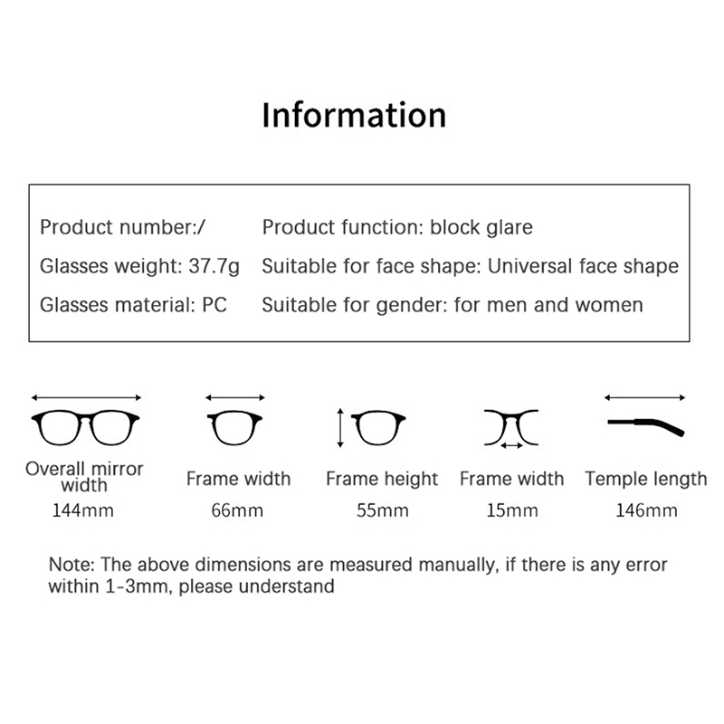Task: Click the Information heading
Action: pos(354,115)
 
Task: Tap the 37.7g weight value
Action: pos(214,267)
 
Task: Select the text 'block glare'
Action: pos(481,228)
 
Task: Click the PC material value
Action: pos(214,305)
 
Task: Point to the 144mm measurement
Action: pos(83,510)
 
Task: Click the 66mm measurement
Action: pos(237,510)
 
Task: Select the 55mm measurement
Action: pos(382,510)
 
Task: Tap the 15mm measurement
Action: pos(512,510)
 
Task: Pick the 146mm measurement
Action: pos(646,510)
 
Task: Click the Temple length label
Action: pos(646,480)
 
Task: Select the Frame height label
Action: pos(382,480)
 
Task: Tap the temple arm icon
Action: pos(646,426)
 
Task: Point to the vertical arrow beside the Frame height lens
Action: pos(340,428)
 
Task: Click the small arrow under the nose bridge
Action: pos(511,445)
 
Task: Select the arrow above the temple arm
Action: pos(644,397)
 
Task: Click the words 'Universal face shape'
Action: pos(583,266)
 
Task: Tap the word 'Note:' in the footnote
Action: pos(71,564)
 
